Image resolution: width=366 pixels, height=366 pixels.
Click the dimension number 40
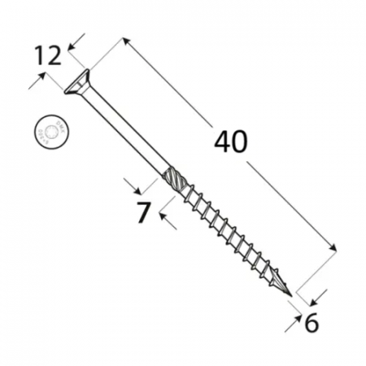[231, 142]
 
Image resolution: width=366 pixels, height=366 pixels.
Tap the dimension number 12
[48, 55]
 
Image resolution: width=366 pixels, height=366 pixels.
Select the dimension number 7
[142, 213]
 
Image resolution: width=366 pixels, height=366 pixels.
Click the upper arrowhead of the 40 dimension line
[125, 41]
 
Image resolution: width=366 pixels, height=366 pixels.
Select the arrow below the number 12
[37, 81]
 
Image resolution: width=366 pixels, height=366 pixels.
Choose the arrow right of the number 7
[165, 216]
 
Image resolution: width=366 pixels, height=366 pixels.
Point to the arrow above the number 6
[322, 294]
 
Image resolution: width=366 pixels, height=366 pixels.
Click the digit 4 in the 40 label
[221, 142]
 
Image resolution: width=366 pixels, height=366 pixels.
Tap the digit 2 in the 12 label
[54, 55]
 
